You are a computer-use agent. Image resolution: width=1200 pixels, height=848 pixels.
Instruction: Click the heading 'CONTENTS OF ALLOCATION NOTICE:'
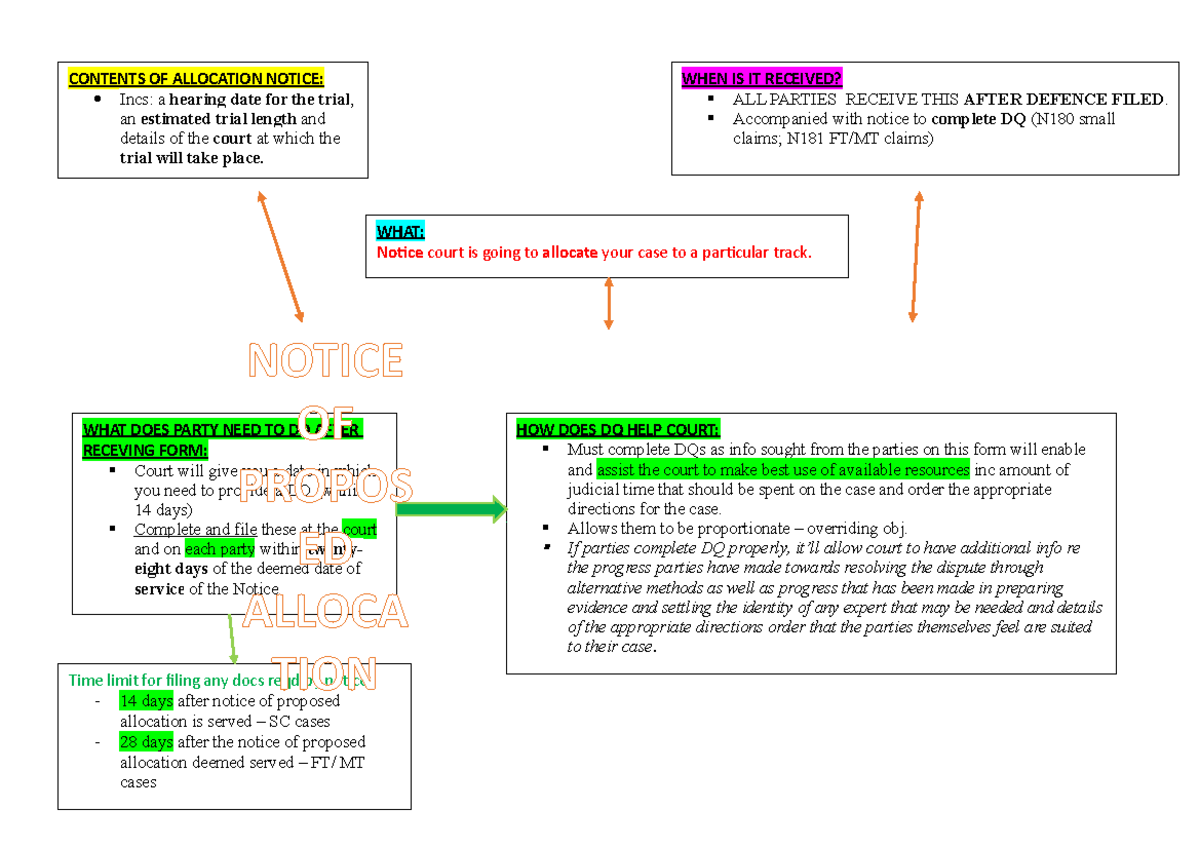(196, 79)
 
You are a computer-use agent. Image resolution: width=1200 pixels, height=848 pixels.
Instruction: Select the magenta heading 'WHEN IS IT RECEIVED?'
(762, 79)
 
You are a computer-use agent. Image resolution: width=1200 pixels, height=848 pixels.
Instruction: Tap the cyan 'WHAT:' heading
(400, 232)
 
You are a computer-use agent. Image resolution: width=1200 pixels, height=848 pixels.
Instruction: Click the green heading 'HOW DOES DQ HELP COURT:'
(617, 430)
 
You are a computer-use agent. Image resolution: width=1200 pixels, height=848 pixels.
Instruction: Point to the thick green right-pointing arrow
(452, 510)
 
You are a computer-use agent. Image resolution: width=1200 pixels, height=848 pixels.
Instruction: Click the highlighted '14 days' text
(146, 701)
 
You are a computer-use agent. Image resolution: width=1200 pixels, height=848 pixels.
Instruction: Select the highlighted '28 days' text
(146, 742)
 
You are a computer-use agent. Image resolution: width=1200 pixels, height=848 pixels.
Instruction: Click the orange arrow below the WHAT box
(608, 303)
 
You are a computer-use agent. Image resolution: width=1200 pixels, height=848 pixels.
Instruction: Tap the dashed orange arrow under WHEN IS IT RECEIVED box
(915, 256)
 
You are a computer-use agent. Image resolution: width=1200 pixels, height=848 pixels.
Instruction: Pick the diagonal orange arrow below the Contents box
(280, 256)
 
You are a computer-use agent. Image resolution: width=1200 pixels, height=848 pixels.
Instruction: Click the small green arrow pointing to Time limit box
(232, 638)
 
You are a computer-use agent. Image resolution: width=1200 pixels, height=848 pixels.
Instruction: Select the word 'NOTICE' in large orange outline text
(326, 361)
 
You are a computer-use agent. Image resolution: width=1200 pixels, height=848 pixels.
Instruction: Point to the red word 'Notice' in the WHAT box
(400, 252)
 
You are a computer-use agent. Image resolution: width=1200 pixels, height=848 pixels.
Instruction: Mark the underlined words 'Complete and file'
(196, 529)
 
